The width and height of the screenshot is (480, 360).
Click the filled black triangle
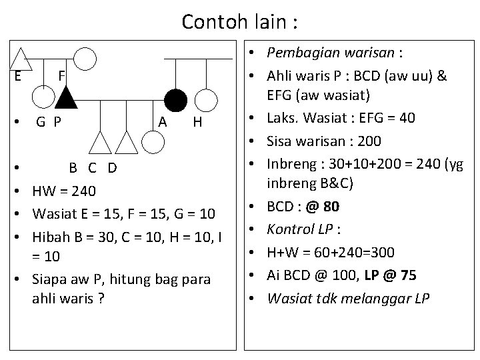click(x=66, y=99)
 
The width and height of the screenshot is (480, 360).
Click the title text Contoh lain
click(x=239, y=21)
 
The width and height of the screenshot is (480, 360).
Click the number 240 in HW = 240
click(x=83, y=193)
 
